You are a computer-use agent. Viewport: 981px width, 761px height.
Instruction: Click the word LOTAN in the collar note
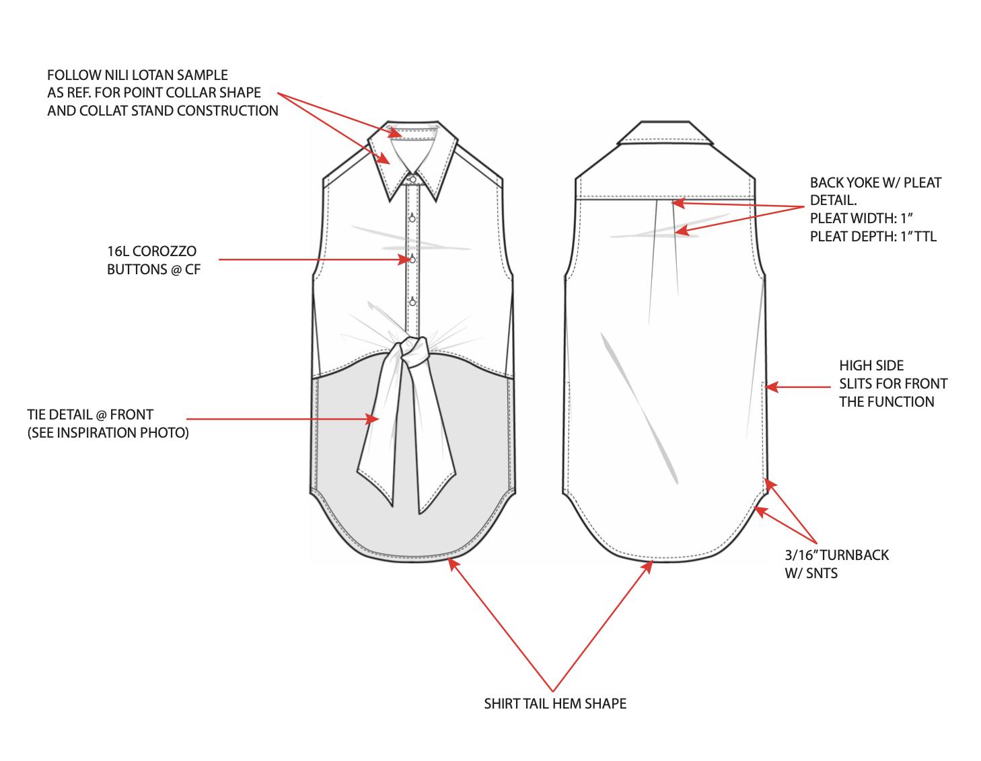(x=153, y=75)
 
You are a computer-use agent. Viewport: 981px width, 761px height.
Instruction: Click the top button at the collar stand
(x=412, y=179)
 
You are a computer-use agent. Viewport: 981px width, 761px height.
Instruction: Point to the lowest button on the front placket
(x=412, y=302)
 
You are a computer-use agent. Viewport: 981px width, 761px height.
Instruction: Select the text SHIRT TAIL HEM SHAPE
(x=555, y=704)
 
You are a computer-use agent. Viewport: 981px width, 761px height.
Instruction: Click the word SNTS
(x=822, y=573)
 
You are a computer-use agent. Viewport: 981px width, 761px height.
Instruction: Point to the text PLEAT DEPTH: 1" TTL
(x=873, y=237)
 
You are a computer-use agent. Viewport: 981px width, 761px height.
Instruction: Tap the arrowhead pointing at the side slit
(x=771, y=387)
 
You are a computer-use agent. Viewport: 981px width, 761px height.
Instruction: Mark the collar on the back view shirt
(x=665, y=133)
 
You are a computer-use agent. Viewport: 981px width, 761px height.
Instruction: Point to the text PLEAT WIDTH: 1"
(x=861, y=218)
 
